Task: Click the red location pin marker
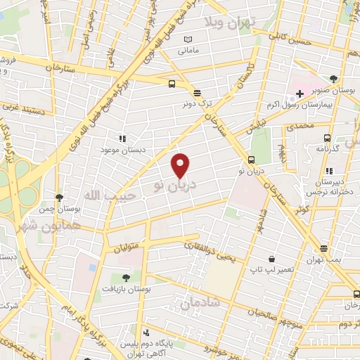[x=181, y=165]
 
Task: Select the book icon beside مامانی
[x=187, y=39]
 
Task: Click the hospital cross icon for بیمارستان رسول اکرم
[x=300, y=93]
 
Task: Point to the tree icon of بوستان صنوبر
[x=333, y=79]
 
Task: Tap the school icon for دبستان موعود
[x=122, y=139]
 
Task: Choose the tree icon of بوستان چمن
[x=59, y=198]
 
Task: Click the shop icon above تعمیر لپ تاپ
[x=271, y=258]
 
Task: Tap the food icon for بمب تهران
[x=323, y=248]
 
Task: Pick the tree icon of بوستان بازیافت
[x=125, y=278]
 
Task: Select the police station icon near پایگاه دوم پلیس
[x=146, y=332]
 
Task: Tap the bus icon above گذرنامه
[x=327, y=139]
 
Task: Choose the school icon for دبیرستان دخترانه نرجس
[x=328, y=170]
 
